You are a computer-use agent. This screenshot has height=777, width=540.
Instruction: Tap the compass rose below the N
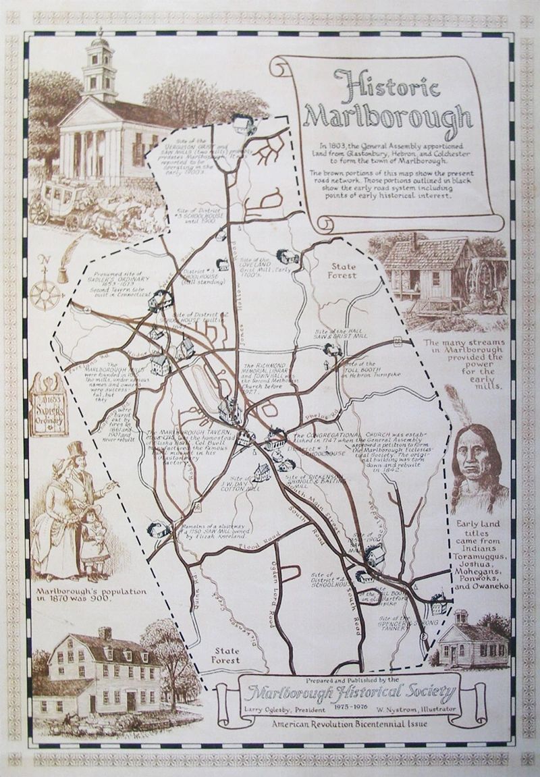45,294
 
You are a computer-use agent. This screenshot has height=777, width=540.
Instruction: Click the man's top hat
76,448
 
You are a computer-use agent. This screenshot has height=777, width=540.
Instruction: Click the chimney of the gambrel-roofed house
105,633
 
